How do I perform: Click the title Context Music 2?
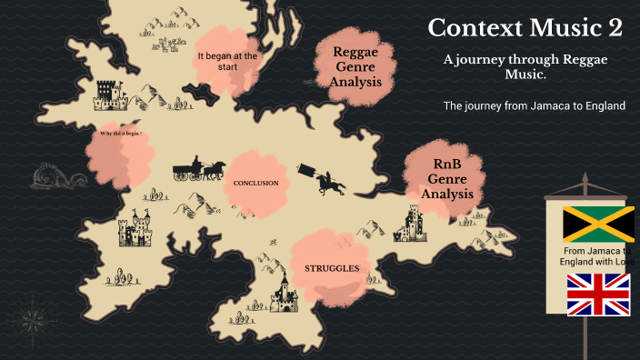click(525, 28)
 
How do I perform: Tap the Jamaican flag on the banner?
click(597, 225)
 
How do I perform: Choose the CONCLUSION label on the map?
click(255, 184)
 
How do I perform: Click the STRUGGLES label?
click(331, 269)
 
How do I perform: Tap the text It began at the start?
click(227, 61)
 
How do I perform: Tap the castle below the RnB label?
click(414, 223)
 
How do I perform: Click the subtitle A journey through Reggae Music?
click(525, 65)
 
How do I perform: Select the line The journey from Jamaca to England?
click(534, 105)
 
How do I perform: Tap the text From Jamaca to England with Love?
click(595, 256)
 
